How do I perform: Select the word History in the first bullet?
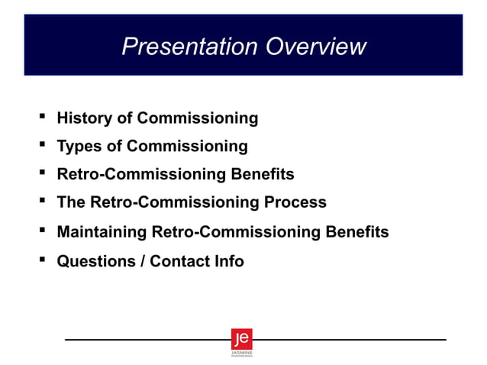[84, 118]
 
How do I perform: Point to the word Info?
[227, 261]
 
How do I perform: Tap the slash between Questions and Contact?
[142, 261]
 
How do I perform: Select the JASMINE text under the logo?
[241, 353]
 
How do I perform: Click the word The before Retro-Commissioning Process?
[71, 202]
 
